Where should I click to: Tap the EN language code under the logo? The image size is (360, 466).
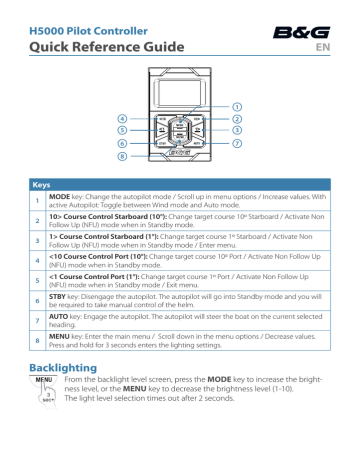point(335,47)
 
